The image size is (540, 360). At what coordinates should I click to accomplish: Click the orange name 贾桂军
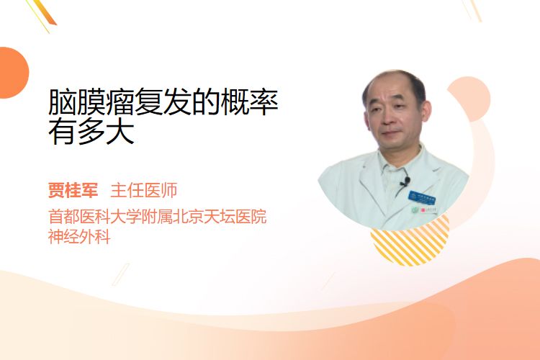(73, 190)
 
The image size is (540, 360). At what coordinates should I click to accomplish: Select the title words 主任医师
(144, 190)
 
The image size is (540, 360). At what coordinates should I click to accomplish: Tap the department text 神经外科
(79, 237)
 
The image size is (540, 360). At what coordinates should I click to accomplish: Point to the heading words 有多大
(91, 132)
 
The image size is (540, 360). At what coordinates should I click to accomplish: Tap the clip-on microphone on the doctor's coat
(405, 181)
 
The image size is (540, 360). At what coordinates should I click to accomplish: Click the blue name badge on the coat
(422, 197)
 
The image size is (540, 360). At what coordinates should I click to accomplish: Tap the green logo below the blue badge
(415, 210)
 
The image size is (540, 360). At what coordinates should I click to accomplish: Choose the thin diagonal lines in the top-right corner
(472, 10)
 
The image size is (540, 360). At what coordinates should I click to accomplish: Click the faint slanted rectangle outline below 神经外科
(121, 274)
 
